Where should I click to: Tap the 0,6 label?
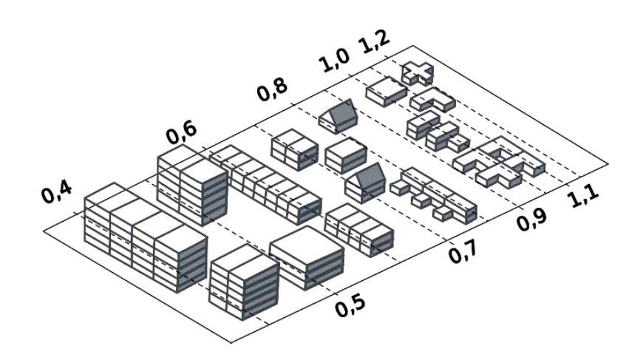[181, 134]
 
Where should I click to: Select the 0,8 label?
[272, 92]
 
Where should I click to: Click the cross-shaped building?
[417, 72]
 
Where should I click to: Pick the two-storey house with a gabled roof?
[364, 183]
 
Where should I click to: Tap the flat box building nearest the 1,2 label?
[387, 92]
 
